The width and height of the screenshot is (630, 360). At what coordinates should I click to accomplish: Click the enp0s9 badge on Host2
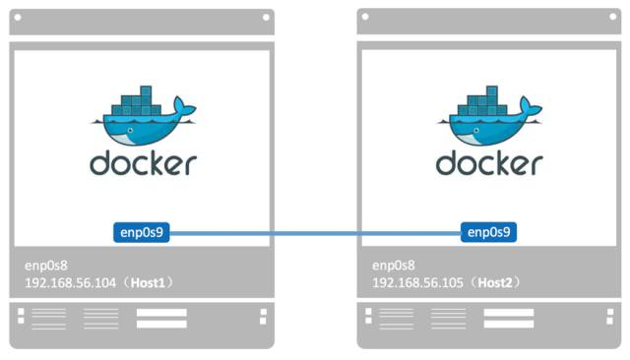pos(489,233)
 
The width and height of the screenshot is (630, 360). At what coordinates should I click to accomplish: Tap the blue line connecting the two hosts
pos(315,233)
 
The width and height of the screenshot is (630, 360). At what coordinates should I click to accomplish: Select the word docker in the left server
pos(143,163)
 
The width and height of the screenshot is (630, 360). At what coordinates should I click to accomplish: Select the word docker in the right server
pos(489,163)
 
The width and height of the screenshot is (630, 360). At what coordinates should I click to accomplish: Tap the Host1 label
pos(156,282)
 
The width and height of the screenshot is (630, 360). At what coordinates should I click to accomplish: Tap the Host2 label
pos(502,282)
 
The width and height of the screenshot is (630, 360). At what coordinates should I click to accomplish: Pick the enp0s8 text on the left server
pos(46,266)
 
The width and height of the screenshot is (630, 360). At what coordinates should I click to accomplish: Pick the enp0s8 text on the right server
pos(393,266)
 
